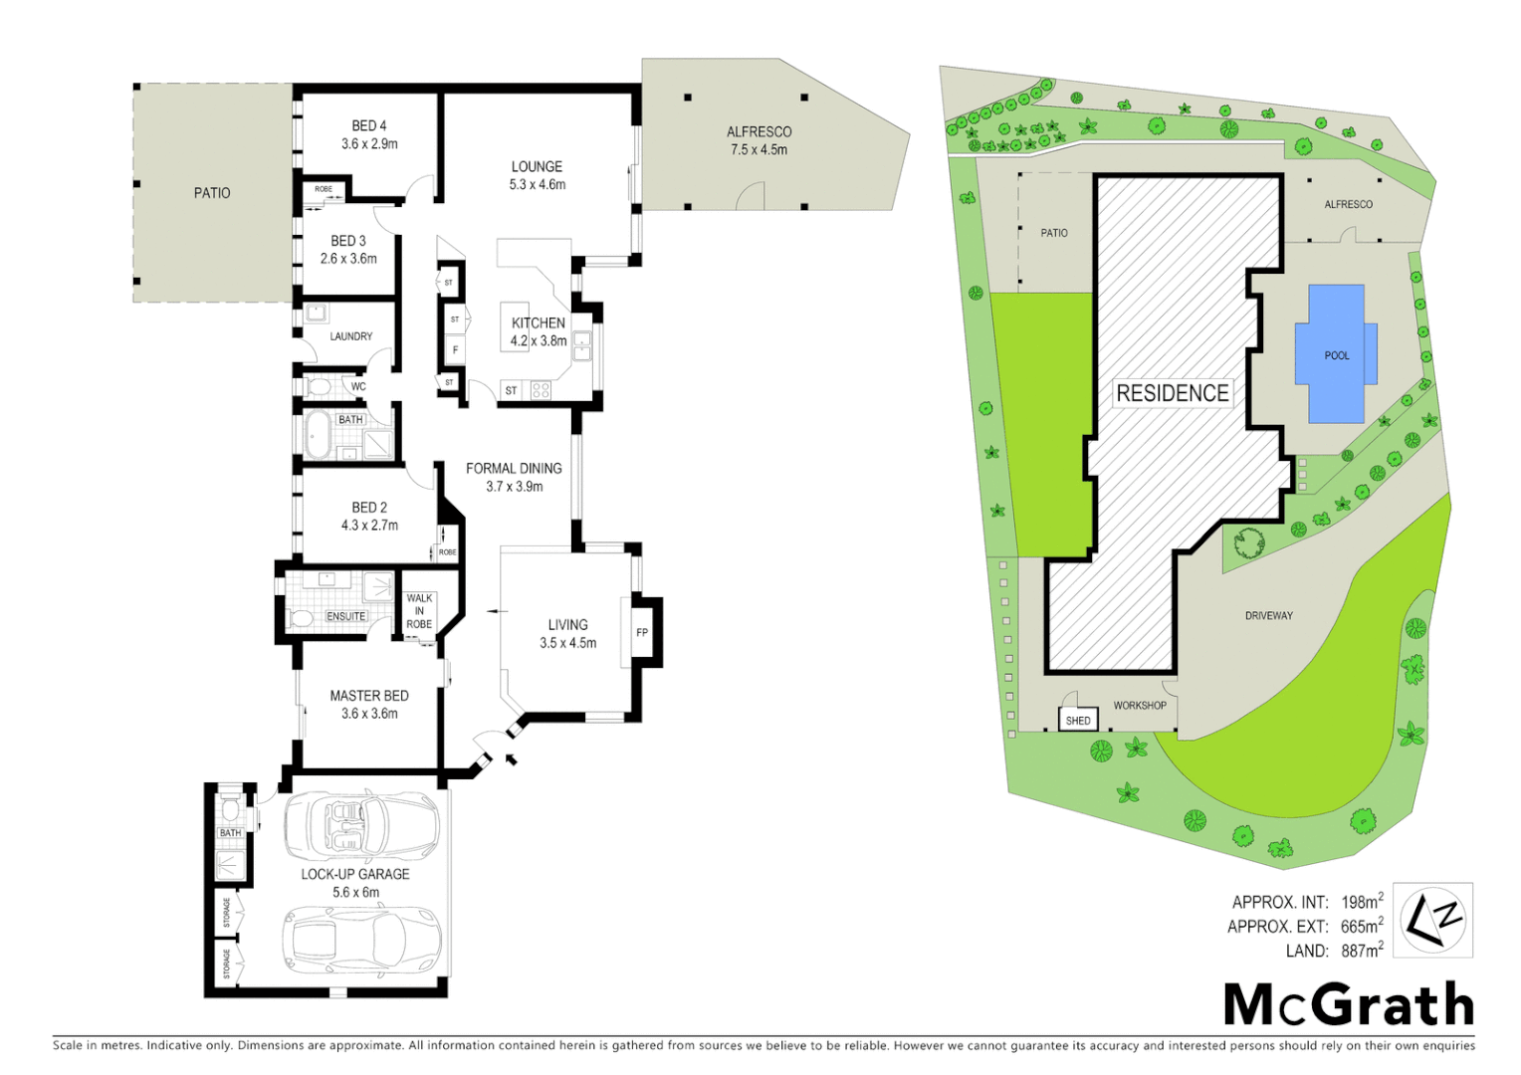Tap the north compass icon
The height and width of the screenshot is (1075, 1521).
click(x=1432, y=920)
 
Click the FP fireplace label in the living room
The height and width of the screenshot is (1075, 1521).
click(x=642, y=632)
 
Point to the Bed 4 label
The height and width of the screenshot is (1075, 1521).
click(x=369, y=134)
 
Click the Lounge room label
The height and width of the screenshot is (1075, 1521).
click(x=537, y=175)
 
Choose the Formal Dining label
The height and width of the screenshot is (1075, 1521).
click(x=514, y=477)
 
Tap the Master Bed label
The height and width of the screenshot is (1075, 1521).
click(x=369, y=704)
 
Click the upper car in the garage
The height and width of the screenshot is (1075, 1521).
click(x=362, y=826)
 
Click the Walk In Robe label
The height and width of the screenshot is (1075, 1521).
click(x=419, y=611)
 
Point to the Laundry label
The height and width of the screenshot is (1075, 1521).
click(x=351, y=336)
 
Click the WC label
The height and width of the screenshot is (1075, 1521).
click(x=358, y=387)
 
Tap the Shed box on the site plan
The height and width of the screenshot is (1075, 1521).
click(x=1078, y=720)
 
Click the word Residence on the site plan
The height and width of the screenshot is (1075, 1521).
click(x=1172, y=393)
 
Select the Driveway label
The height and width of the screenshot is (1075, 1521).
click(x=1268, y=616)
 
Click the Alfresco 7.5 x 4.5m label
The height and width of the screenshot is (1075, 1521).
click(x=759, y=140)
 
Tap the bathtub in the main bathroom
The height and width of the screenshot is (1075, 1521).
click(x=319, y=436)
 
